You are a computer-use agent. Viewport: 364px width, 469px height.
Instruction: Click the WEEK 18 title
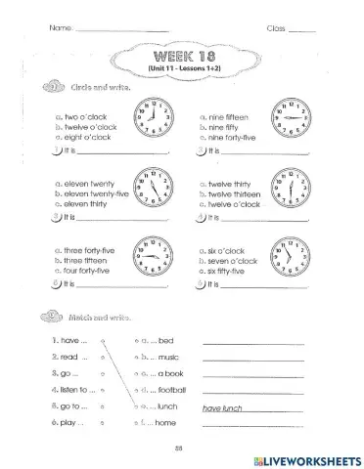(183, 56)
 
